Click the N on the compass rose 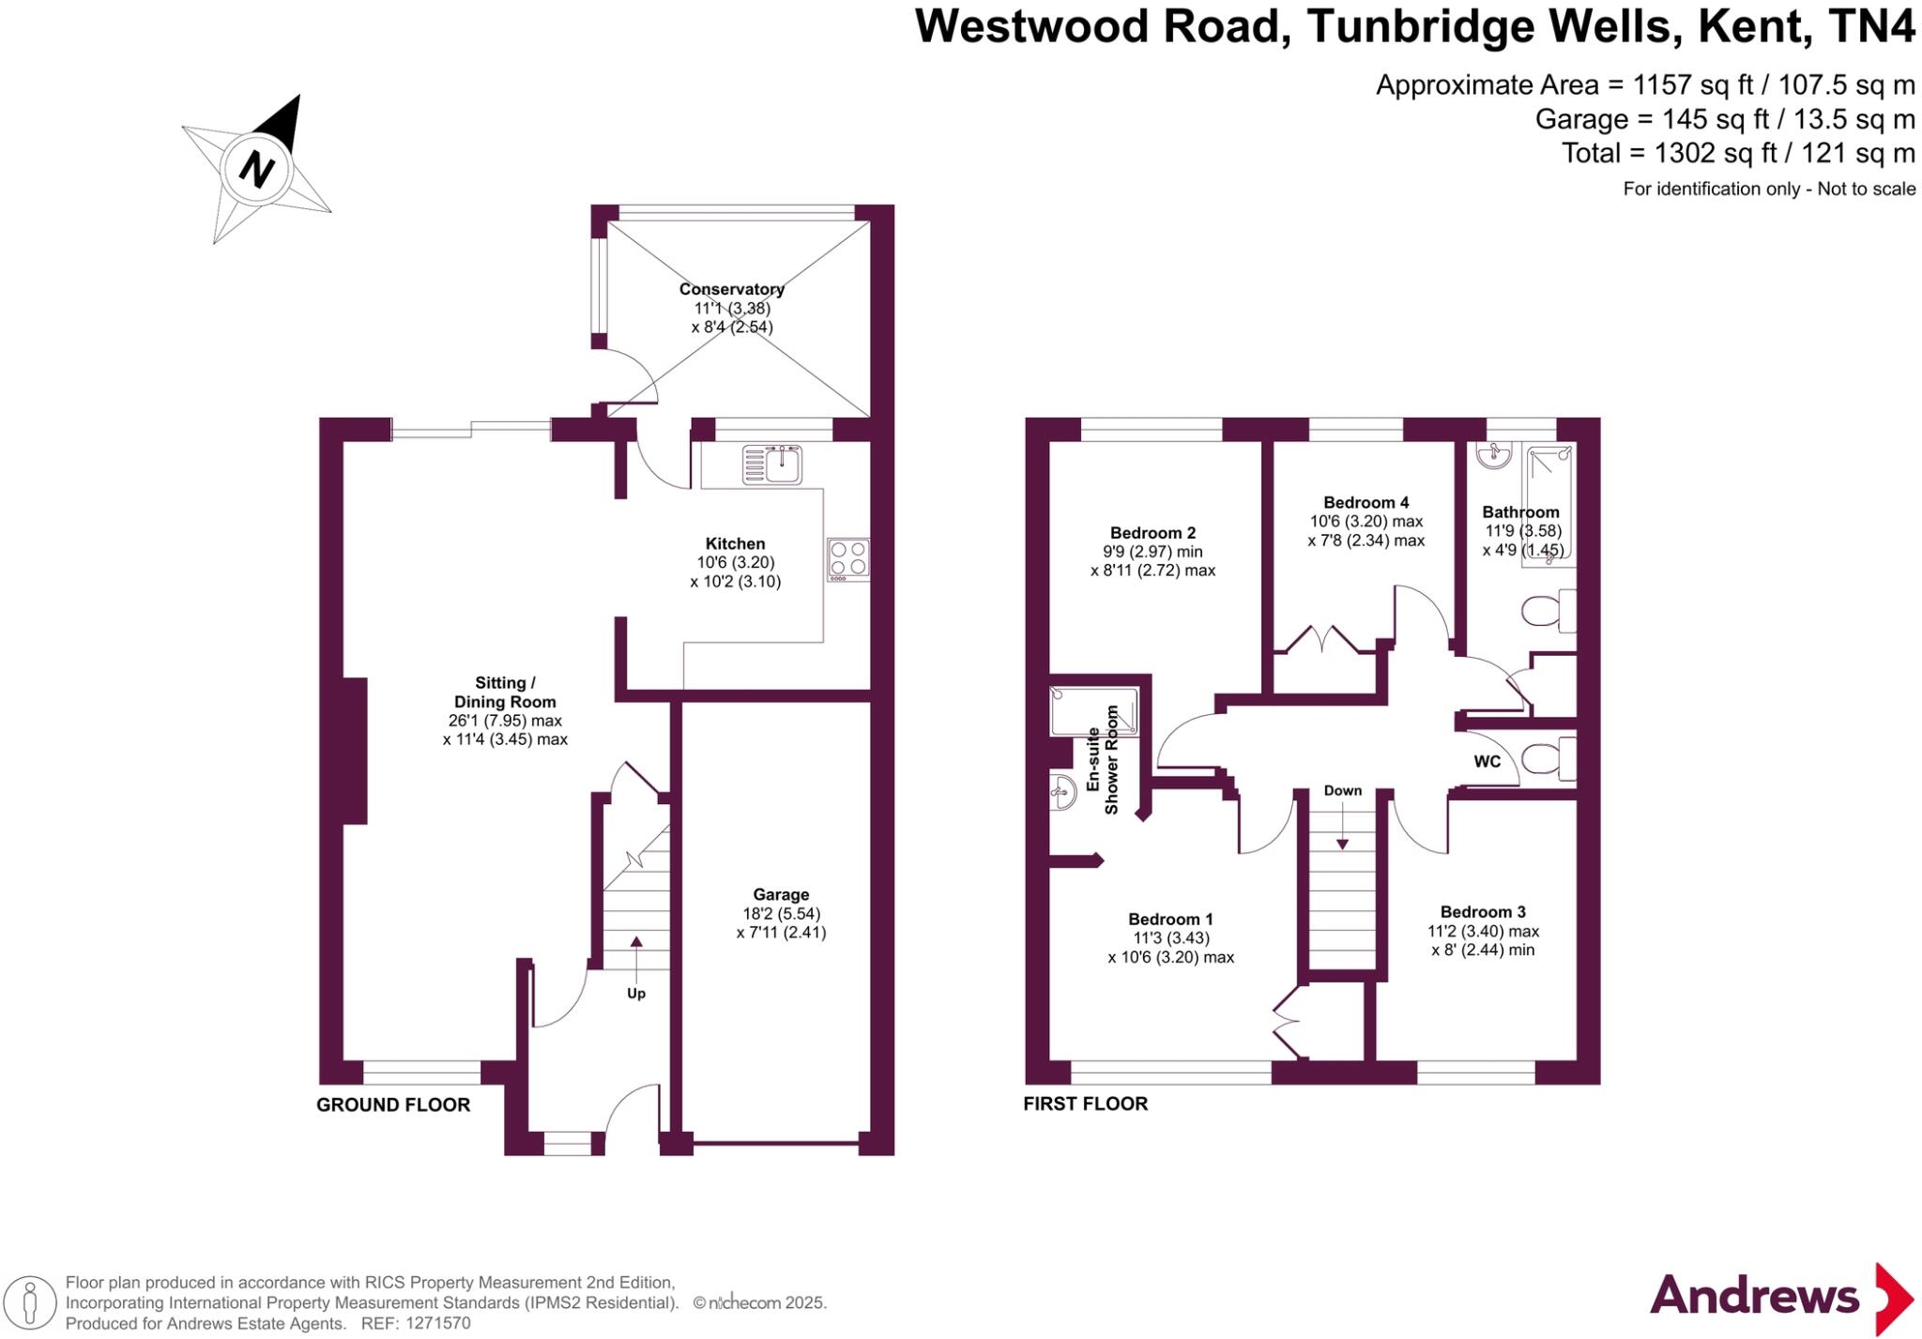tap(256, 170)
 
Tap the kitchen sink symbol tap(771, 464)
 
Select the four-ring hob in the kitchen tap(848, 559)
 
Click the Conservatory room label tap(732, 289)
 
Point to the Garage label tap(781, 895)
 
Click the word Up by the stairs tap(636, 993)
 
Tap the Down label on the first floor tap(1343, 791)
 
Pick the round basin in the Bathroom tap(1493, 455)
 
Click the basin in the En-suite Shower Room tap(1062, 793)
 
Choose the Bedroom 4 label tap(1366, 503)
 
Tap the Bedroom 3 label tap(1483, 912)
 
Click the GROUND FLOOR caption tap(393, 1105)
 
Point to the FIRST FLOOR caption tap(1086, 1104)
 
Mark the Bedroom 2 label tap(1152, 534)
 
